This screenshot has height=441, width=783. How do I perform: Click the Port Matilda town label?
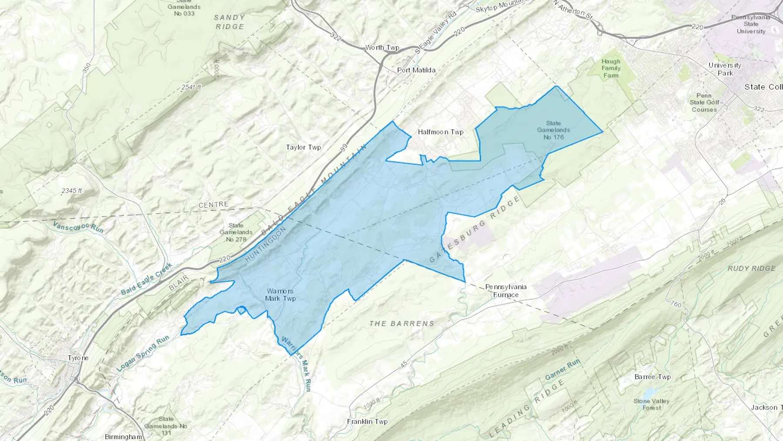coord(416,70)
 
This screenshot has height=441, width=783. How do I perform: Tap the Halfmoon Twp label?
coord(440,131)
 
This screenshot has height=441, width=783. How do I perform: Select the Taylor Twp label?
coord(303,147)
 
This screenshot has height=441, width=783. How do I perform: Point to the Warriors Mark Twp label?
coord(281,295)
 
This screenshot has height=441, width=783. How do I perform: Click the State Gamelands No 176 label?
coord(553,130)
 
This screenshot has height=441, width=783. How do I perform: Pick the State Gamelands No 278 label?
coord(236,232)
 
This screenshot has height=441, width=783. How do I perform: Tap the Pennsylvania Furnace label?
coord(506,291)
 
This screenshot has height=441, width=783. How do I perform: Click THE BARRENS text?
coord(402,323)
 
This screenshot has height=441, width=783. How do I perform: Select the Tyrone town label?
coord(78,358)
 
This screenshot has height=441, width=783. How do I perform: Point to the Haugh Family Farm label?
coord(611,68)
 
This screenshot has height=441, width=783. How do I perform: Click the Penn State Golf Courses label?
coord(704,102)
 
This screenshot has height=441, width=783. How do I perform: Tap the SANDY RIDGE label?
coord(229,22)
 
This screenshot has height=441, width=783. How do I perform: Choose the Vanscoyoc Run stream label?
coord(78,226)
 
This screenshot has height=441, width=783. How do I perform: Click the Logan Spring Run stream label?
coord(143,353)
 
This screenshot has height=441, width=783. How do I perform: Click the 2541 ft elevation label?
coord(191,87)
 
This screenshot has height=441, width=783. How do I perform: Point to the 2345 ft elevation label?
coord(72,191)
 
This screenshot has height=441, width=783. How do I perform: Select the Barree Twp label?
coord(652,377)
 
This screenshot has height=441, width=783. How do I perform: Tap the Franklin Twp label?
coord(367,421)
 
